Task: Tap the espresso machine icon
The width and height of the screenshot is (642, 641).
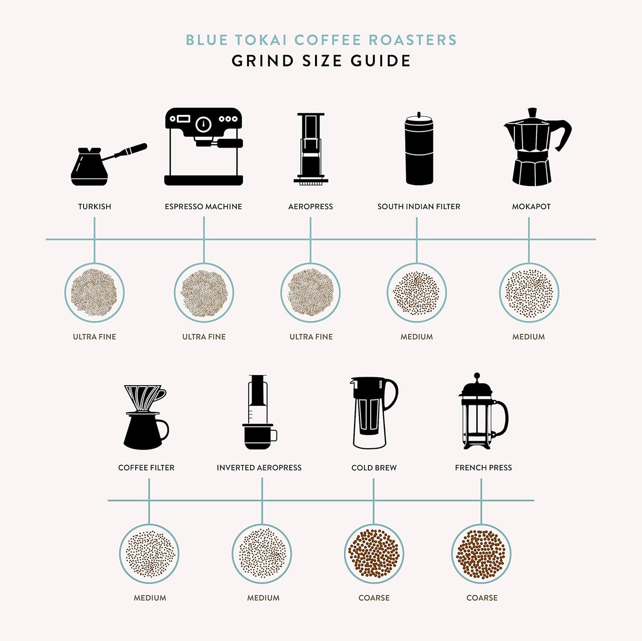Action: (203, 146)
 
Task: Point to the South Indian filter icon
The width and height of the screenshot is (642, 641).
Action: (419, 150)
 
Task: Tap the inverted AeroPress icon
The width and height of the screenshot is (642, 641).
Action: (259, 413)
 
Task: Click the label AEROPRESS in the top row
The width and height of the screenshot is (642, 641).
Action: (310, 206)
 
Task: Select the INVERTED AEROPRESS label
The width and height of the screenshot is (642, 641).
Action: (259, 467)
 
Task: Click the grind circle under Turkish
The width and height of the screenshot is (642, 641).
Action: (94, 293)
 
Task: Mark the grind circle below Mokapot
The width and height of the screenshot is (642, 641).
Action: (529, 293)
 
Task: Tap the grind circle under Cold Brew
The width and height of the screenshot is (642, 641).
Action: (374, 554)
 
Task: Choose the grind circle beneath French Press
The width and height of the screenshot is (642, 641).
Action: (481, 554)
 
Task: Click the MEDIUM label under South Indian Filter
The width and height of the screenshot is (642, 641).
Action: (416, 337)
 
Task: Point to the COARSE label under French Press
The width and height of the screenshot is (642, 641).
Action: (482, 598)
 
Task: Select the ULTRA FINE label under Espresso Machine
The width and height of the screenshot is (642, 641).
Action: (204, 337)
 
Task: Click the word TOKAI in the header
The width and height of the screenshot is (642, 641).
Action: (260, 40)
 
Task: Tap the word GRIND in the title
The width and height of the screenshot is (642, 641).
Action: (263, 61)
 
